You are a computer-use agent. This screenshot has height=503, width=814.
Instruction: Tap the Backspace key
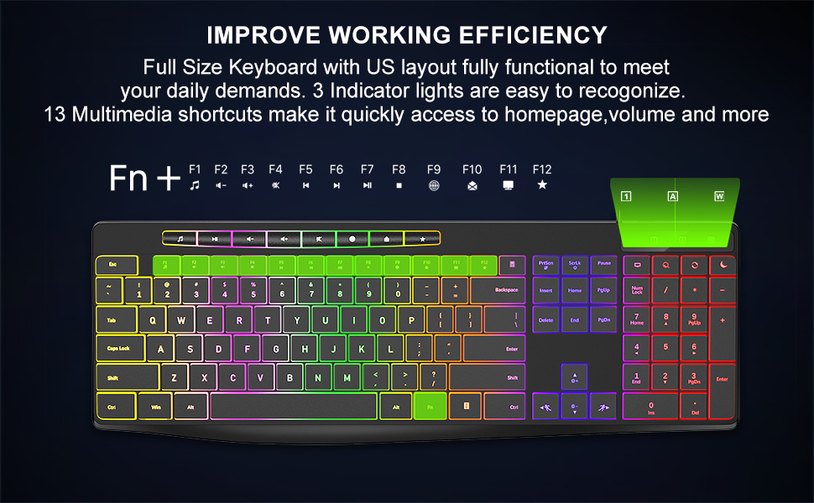(x=497, y=291)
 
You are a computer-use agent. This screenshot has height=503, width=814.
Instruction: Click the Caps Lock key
(x=120, y=348)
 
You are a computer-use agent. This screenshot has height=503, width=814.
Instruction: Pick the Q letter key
(x=152, y=319)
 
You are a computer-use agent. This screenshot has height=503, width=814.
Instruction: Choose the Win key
(x=155, y=407)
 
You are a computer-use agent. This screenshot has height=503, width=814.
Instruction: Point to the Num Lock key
(x=637, y=290)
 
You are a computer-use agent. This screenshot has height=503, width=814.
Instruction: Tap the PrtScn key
(x=545, y=265)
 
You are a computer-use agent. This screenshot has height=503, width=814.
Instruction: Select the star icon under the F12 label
(x=542, y=184)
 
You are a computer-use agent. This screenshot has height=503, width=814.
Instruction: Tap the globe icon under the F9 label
(x=434, y=185)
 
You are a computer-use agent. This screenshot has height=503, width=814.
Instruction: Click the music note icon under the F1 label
(x=195, y=184)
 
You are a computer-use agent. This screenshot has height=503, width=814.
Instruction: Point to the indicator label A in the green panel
(x=672, y=196)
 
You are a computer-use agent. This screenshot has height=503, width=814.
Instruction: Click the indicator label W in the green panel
(x=718, y=196)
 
